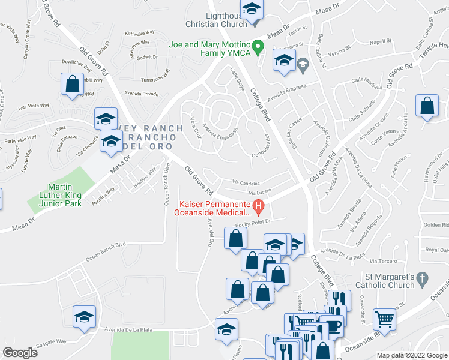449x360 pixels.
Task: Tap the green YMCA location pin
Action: coord(258,45)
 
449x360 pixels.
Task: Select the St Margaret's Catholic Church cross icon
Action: coord(423,278)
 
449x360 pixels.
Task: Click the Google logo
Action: coord(20,352)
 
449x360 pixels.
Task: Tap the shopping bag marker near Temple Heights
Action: coord(427,107)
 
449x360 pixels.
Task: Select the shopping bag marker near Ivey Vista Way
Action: coord(72,85)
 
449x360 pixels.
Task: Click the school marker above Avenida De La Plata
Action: coord(84,317)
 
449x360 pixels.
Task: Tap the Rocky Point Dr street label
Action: coord(250,224)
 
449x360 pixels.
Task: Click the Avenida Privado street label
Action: coord(141,94)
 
